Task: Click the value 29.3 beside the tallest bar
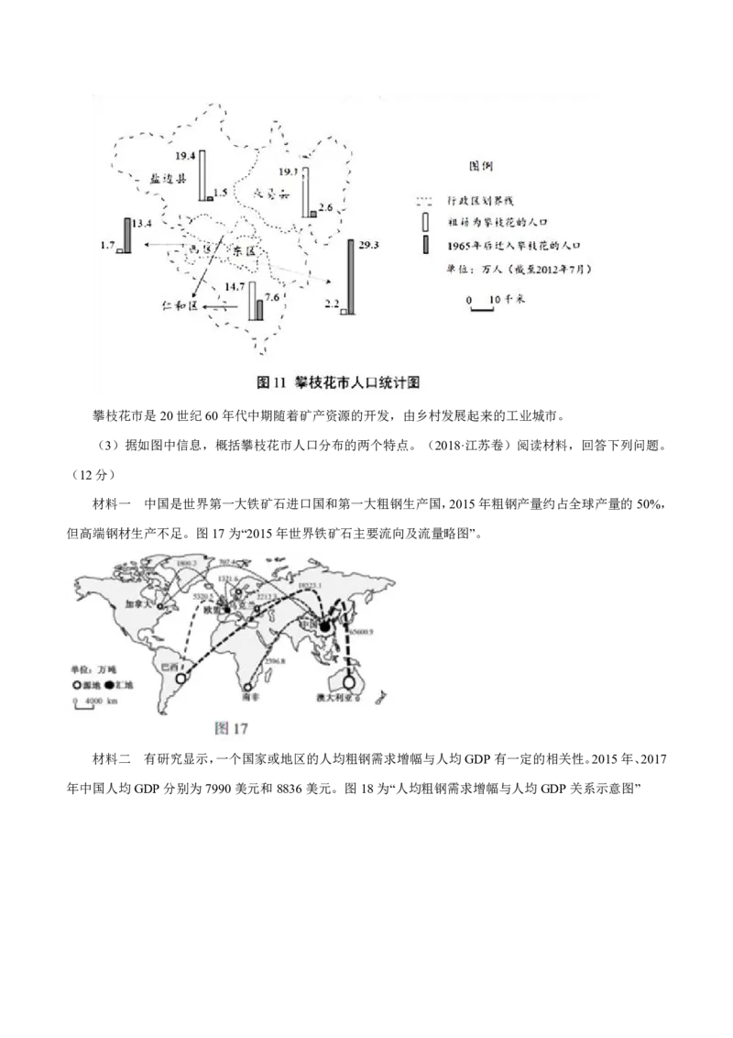point(370,245)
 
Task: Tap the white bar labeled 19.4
point(203,175)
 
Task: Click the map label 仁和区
point(179,307)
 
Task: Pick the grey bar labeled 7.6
point(259,310)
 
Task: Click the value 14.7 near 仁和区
point(235,287)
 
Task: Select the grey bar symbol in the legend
point(424,246)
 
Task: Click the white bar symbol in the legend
point(424,222)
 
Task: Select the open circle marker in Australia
point(349,680)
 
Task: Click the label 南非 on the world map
point(253,698)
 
